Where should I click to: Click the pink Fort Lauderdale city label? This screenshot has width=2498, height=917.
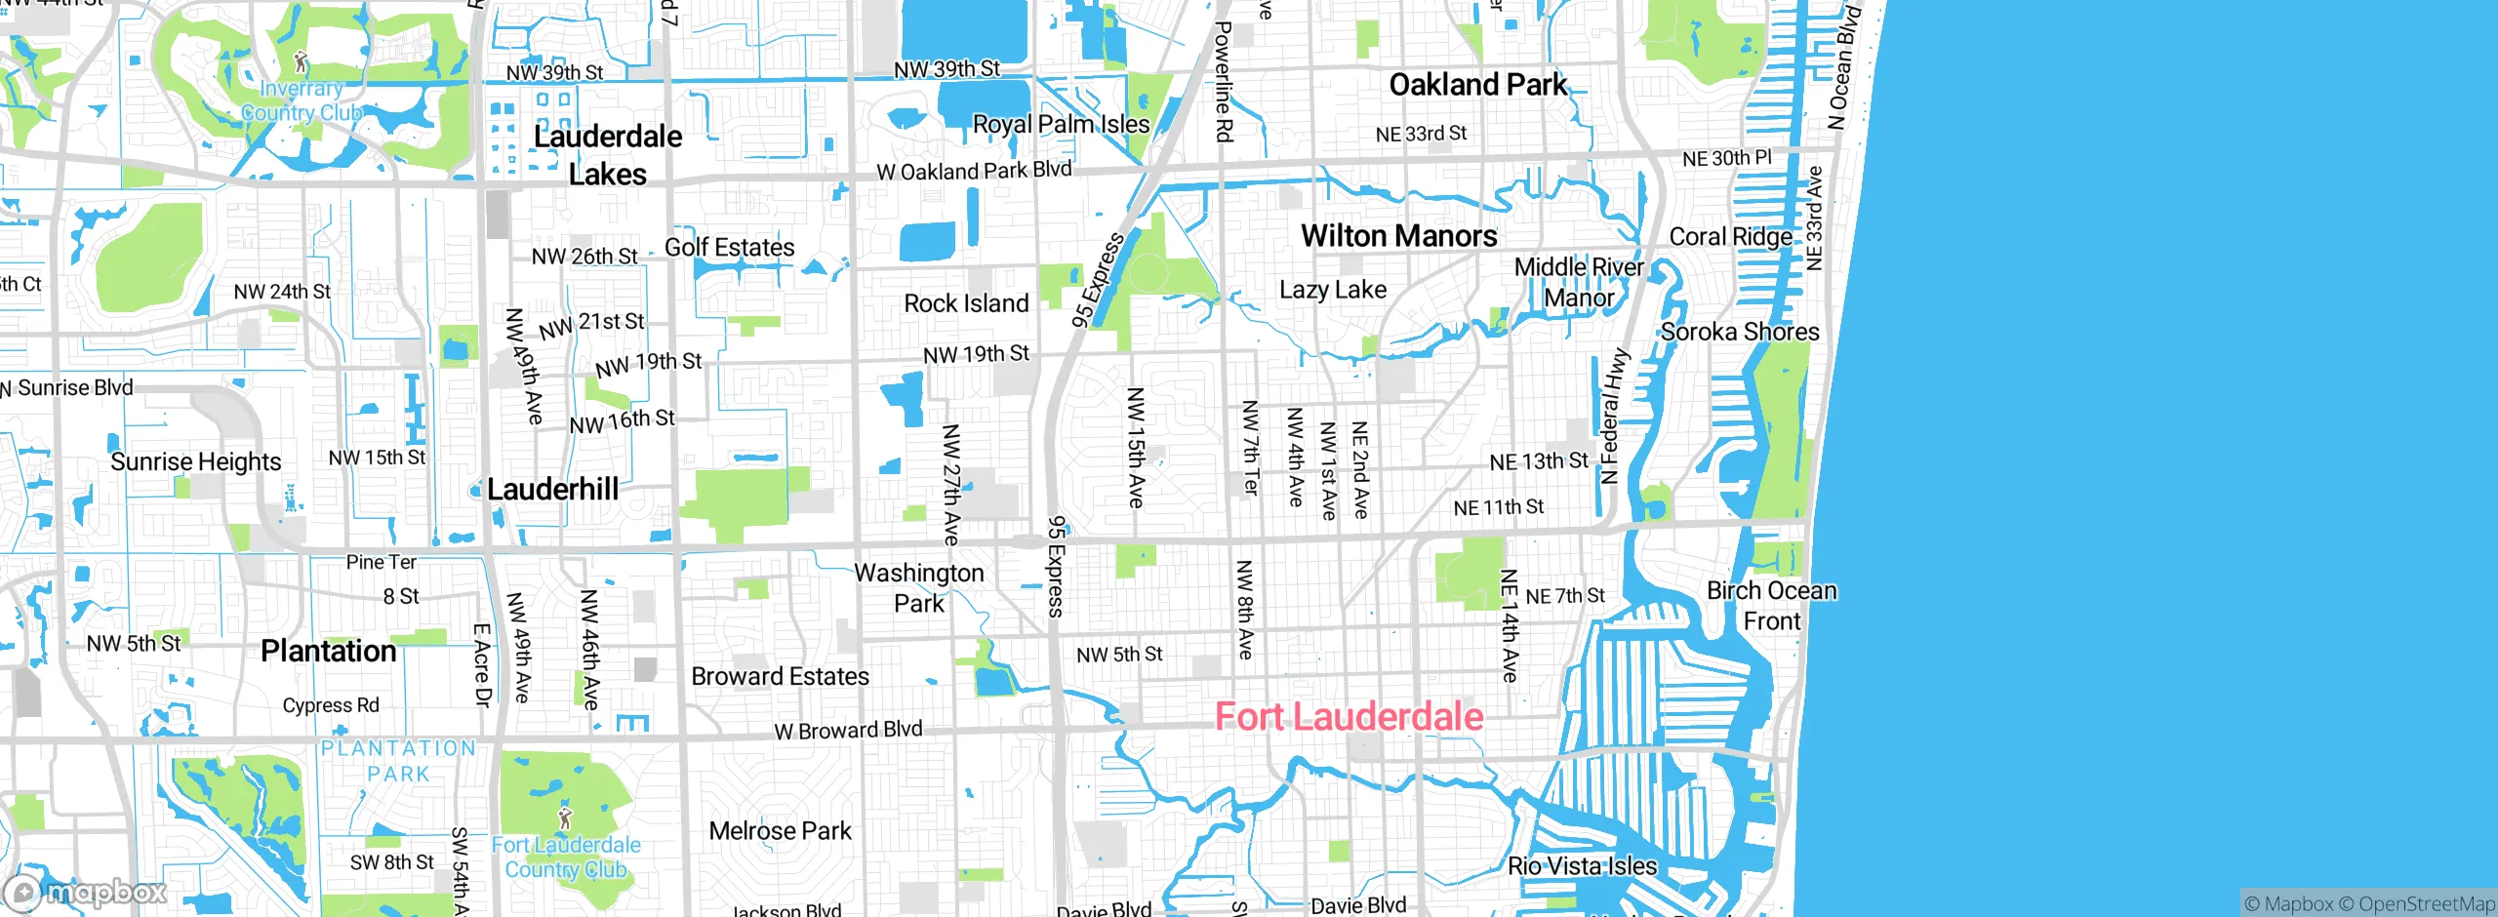(x=1349, y=717)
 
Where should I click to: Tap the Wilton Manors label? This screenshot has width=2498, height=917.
(x=1398, y=236)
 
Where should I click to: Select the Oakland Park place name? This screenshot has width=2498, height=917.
(x=1477, y=85)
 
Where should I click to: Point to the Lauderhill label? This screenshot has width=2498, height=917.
(x=552, y=489)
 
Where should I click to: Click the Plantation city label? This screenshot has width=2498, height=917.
(x=328, y=651)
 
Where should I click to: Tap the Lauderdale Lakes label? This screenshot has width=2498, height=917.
(x=607, y=155)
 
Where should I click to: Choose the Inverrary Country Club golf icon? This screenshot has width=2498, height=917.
(x=302, y=62)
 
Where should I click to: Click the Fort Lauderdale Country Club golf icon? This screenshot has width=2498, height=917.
(x=565, y=817)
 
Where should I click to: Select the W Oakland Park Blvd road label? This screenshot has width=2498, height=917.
(x=973, y=171)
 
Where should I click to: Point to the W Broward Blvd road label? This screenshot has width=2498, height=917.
(x=847, y=730)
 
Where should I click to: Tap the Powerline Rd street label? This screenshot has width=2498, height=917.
(x=1223, y=82)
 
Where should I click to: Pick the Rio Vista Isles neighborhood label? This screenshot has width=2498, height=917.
(x=1582, y=866)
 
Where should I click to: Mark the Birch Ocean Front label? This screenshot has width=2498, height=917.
(x=1771, y=606)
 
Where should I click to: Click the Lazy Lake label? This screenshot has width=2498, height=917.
(x=1332, y=290)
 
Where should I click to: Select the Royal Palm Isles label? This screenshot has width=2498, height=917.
(x=1061, y=125)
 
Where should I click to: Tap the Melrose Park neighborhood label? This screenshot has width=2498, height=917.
(x=780, y=831)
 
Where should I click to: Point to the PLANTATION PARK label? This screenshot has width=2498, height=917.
(x=398, y=761)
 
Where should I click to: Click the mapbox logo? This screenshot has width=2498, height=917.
(x=86, y=892)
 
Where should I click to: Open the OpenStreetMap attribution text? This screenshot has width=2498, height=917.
(x=2426, y=904)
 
